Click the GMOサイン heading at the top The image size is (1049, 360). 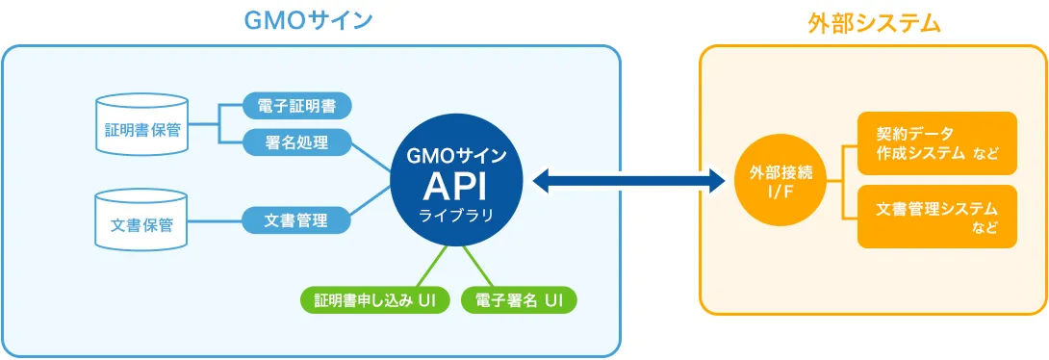tap(309, 20)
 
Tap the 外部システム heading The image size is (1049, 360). tap(873, 23)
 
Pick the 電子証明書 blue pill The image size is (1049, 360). tap(296, 105)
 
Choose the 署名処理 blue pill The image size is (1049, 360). tap(296, 142)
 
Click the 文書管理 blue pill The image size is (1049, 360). tap(296, 220)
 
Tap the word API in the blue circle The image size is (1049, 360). tap(457, 185)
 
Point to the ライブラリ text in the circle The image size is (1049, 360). tap(457, 215)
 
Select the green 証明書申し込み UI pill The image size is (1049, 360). tap(375, 300)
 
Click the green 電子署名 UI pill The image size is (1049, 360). tap(520, 300)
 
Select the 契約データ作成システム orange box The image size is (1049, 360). tap(936, 143)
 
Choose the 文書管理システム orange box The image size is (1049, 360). tap(936, 217)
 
